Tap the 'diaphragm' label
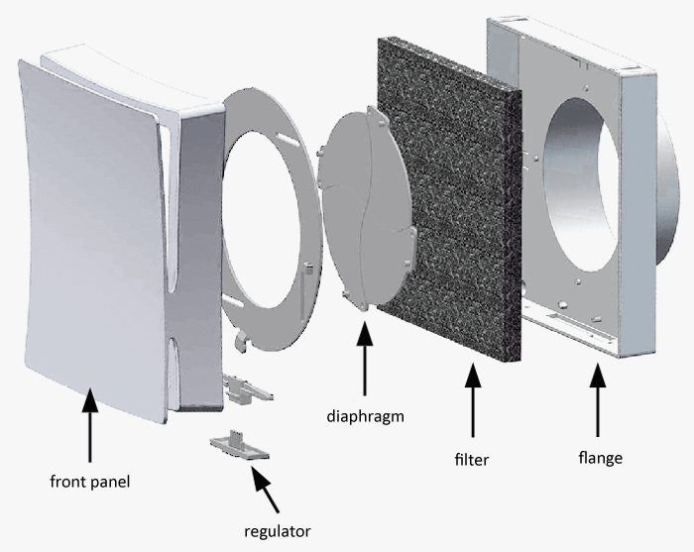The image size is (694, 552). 366,416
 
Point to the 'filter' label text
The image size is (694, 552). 473,459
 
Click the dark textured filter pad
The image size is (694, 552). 446,198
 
